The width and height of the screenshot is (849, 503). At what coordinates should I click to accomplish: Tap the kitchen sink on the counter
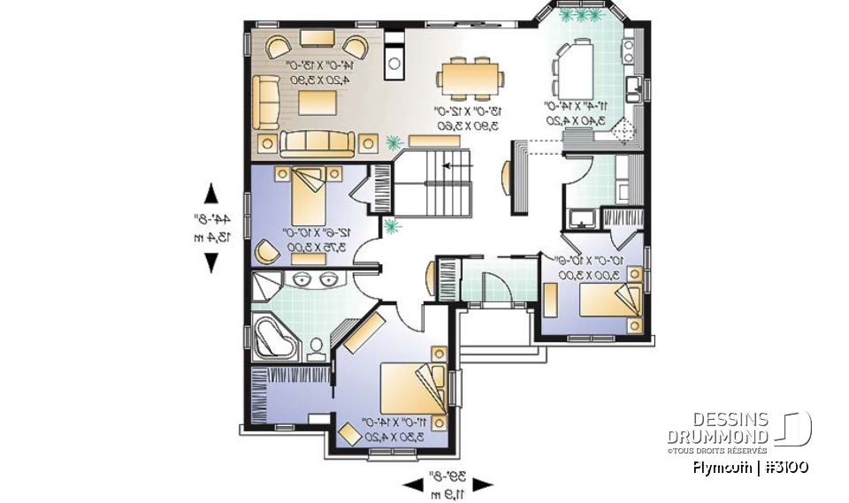point(632,86)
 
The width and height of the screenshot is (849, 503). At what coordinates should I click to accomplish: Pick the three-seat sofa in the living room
point(317,141)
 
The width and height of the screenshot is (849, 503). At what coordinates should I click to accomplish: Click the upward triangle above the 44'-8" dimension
point(210,193)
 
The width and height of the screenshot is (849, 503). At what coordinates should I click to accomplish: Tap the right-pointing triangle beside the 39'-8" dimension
point(482,484)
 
